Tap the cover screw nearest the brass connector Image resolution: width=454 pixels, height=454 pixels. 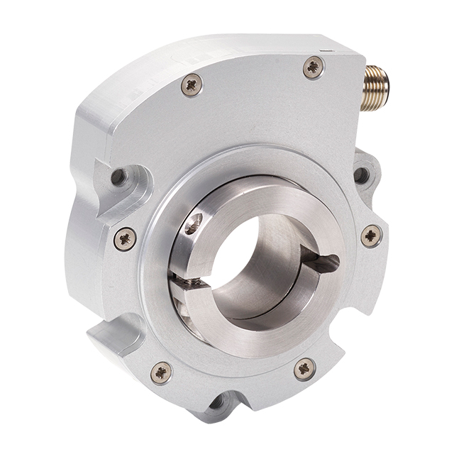coord(313,67)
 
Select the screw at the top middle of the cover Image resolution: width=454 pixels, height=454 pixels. coord(192,85)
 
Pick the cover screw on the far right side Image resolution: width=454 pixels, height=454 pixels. coord(371,236)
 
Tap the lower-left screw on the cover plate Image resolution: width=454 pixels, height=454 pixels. coord(161,371)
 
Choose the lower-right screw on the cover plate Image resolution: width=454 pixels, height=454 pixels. coord(305,368)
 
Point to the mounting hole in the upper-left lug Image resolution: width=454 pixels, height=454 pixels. coord(119,176)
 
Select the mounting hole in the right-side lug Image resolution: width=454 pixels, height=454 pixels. coord(362,175)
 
